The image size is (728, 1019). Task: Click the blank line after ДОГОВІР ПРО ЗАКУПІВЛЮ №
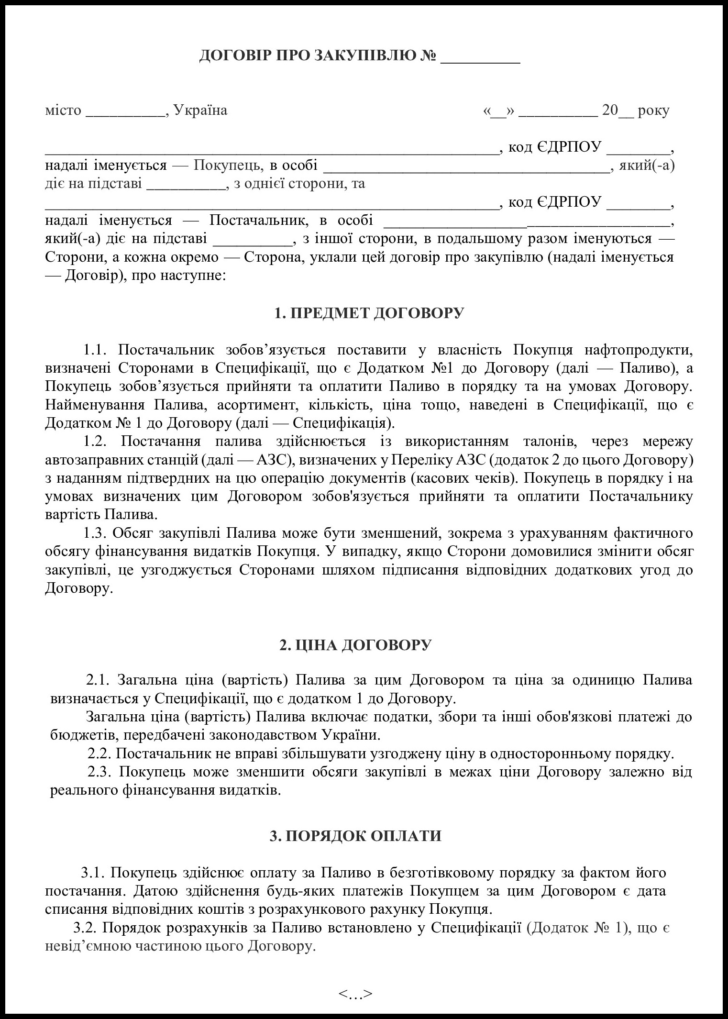click(480, 58)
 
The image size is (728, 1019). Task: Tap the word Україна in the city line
click(200, 111)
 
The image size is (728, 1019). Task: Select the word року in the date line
click(653, 111)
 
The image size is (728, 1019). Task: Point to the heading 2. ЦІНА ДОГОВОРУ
click(355, 645)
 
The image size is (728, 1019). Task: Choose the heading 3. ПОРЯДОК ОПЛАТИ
click(355, 836)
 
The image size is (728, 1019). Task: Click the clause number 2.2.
click(99, 753)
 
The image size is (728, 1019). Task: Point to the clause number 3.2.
click(86, 928)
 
